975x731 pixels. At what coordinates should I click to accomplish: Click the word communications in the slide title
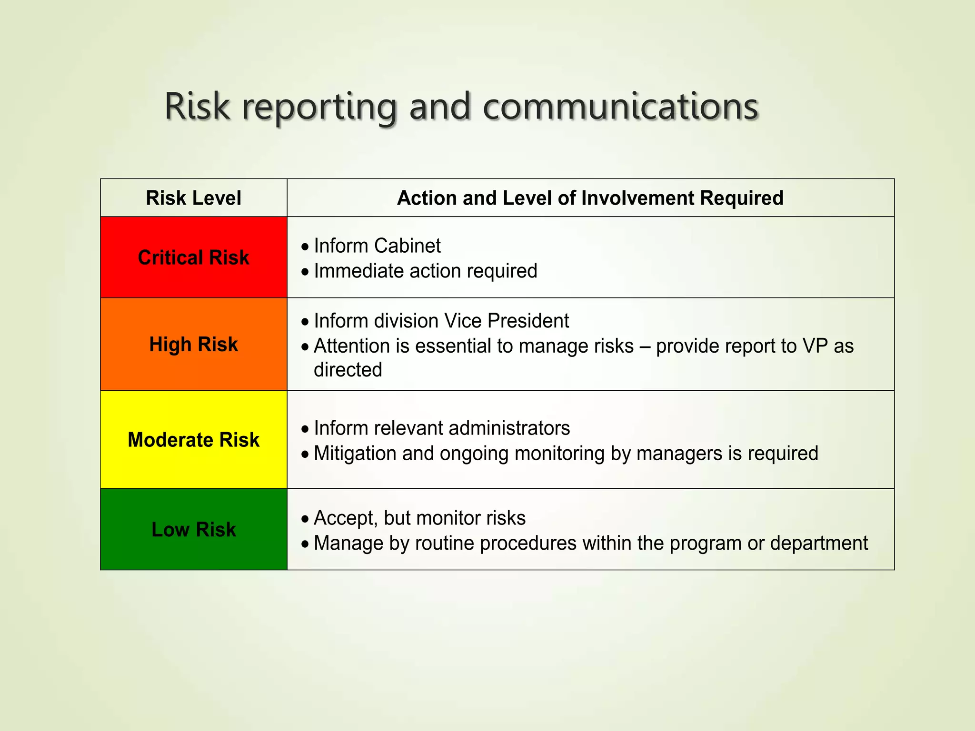click(x=620, y=107)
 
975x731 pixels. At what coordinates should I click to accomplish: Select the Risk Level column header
click(x=193, y=198)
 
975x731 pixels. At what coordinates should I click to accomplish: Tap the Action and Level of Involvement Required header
click(x=590, y=198)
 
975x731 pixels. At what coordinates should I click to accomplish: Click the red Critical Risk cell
click(x=193, y=257)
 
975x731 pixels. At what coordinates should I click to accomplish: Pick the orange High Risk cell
click(x=193, y=344)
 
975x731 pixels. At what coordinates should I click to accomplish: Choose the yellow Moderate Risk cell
click(x=193, y=440)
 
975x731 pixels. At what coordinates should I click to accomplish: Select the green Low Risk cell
click(x=193, y=529)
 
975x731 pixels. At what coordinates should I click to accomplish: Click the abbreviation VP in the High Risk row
click(x=815, y=346)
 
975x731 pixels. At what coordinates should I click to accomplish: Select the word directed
click(x=348, y=370)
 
